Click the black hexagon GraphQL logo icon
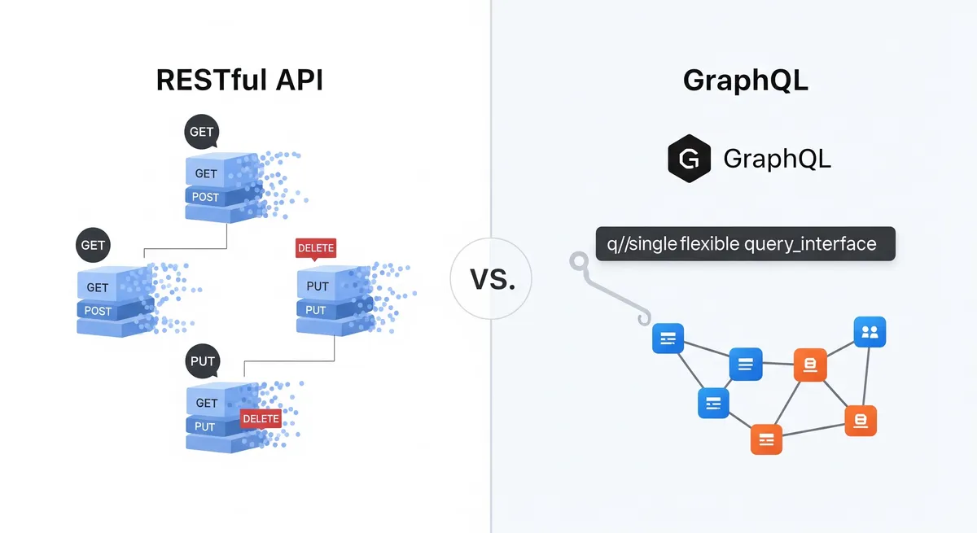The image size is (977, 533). pos(689,158)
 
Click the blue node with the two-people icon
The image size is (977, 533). pos(870,332)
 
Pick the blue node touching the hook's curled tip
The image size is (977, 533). pos(668,338)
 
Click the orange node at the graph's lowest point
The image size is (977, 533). pos(766,439)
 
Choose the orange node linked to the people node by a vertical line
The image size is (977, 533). pos(861,421)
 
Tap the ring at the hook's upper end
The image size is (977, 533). pos(577,262)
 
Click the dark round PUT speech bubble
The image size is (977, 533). pos(202,360)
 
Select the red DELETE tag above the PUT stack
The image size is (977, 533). pos(316,248)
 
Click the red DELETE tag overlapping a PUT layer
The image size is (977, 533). pos(261,418)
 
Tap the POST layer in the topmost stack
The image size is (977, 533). pos(206,196)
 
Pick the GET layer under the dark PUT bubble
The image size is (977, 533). pos(208,403)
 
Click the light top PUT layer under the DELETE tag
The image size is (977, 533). pos(318,286)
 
